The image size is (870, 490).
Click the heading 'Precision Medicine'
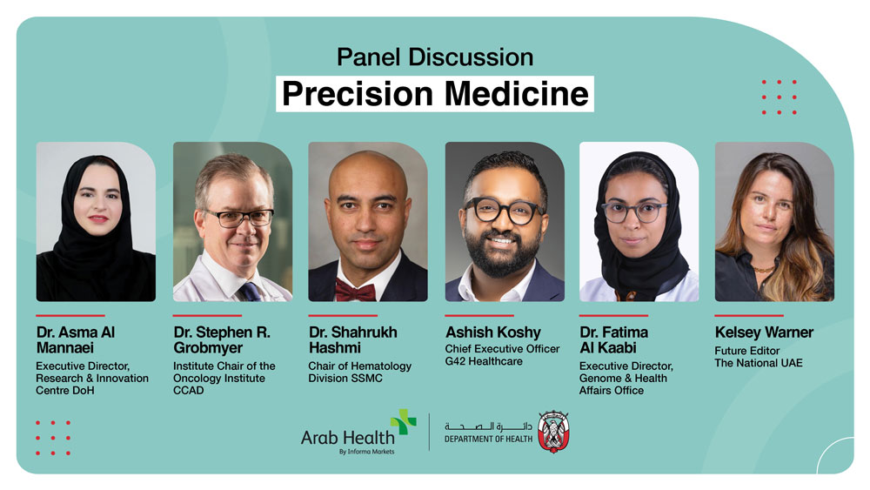pos(435,94)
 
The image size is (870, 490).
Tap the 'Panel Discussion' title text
pos(435,57)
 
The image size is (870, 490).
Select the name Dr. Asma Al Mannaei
pos(76,340)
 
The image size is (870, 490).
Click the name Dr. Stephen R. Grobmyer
pos(222,340)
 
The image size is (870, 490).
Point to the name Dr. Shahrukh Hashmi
pos(353,340)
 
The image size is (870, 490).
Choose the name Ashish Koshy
pos(492,332)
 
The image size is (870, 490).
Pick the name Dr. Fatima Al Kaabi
pos(613,340)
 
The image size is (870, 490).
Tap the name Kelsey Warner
pos(764,332)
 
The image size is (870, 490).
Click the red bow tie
pos(355,291)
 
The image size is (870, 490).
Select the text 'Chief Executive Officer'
pos(502,349)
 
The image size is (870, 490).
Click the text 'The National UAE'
pos(759,363)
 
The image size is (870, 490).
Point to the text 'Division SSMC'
pos(345,379)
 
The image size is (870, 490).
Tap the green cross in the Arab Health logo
pos(404,421)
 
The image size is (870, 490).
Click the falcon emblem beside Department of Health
pos(553,432)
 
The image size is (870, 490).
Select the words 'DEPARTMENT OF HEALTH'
pos(488,439)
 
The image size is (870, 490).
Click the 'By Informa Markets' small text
pos(367,452)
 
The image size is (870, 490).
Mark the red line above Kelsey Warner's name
pos(749,315)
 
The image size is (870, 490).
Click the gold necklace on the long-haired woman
pos(765,270)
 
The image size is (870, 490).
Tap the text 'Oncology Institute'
pos(219,379)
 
